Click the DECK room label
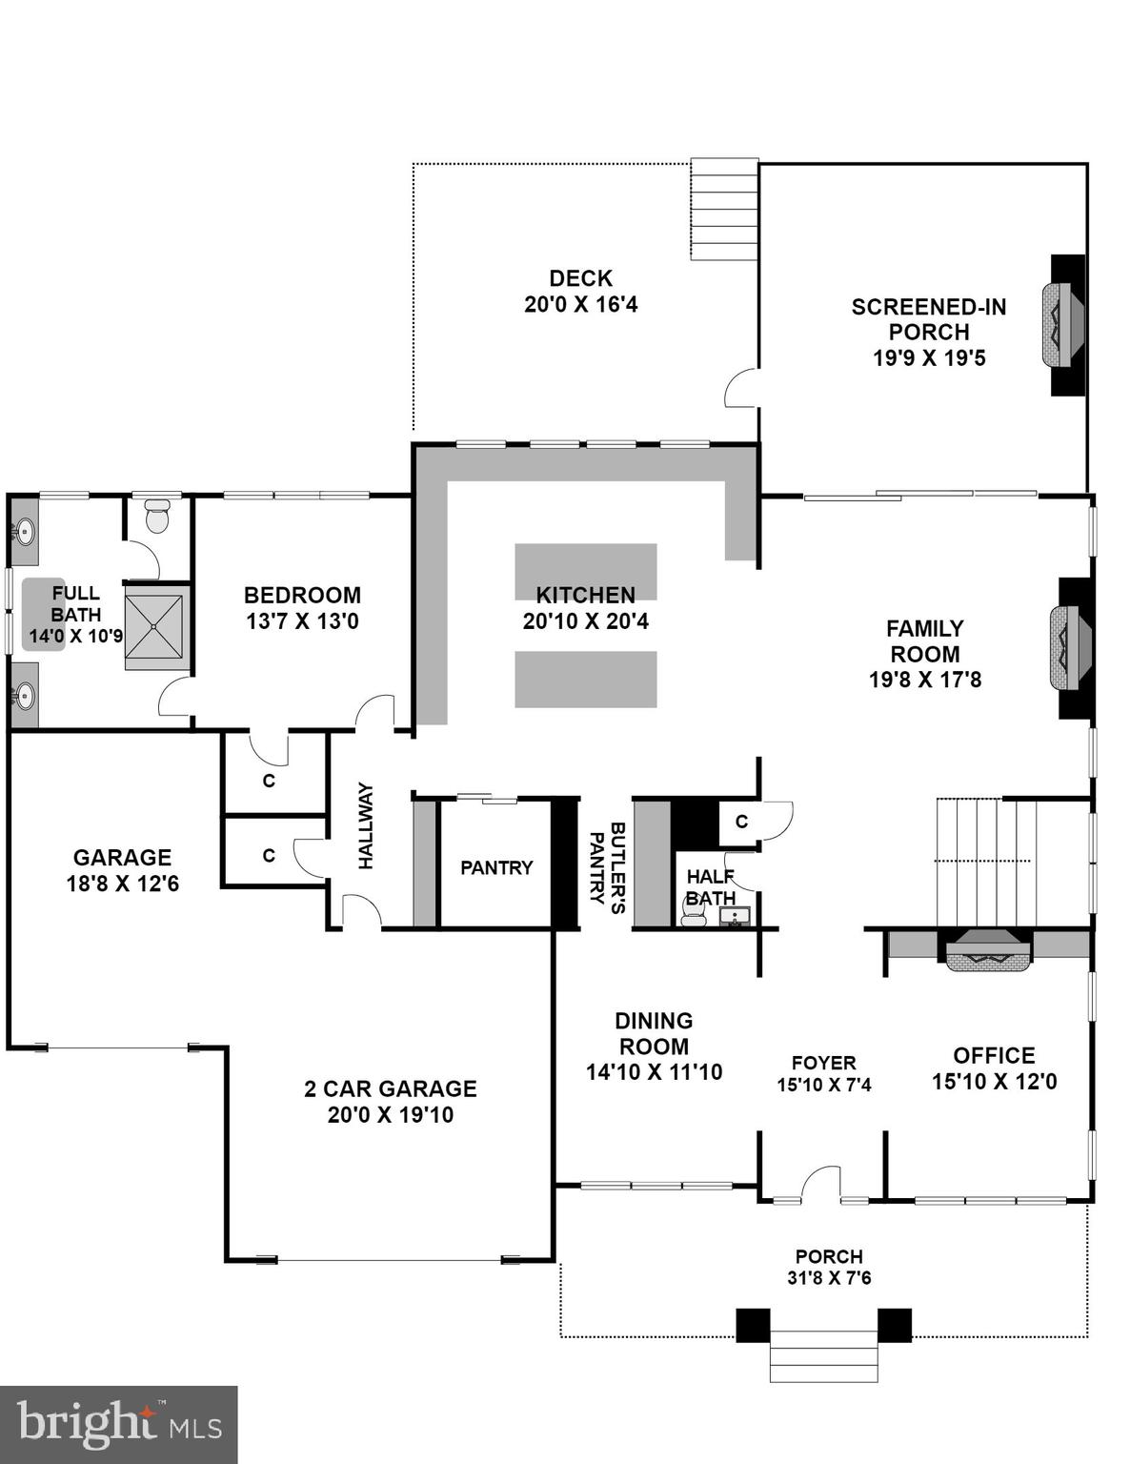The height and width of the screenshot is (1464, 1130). [x=580, y=278]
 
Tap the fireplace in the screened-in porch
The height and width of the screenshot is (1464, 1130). [x=1063, y=324]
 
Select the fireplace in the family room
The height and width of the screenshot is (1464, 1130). [x=1071, y=647]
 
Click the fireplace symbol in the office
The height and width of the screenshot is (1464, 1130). [x=987, y=950]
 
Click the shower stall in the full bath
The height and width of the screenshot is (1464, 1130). [x=153, y=626]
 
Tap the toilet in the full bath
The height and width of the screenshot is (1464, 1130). [x=156, y=518]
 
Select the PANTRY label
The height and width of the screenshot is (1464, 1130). [x=496, y=867]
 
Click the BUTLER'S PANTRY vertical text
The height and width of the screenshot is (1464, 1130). [x=607, y=863]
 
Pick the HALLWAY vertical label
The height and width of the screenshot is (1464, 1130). [x=366, y=825]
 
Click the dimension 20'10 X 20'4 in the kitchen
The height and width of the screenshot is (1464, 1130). [x=585, y=621]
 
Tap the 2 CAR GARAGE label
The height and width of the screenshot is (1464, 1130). [x=390, y=1088]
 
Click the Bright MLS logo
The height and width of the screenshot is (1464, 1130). [x=118, y=1424]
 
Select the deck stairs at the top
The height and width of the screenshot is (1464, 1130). [x=724, y=209]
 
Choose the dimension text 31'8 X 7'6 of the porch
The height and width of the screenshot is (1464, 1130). [x=829, y=1278]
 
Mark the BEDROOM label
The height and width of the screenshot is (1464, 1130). [x=302, y=596]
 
